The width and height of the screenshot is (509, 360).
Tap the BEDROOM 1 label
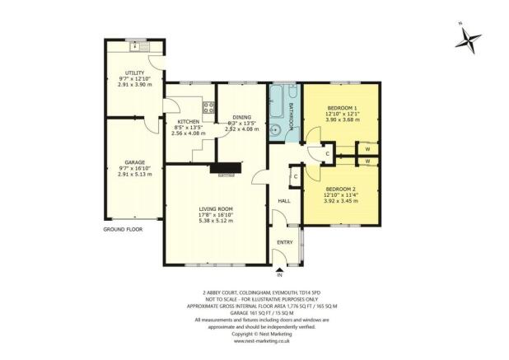pos(341,109)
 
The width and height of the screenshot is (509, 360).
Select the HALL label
pos(284,200)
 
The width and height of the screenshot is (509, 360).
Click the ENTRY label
pos(285,242)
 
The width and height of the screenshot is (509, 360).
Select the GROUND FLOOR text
pos(123,230)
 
